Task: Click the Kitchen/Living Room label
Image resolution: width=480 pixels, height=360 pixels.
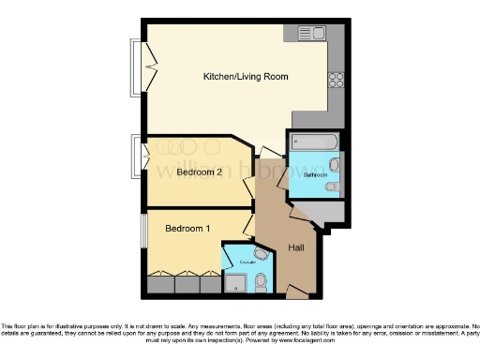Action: coord(246,76)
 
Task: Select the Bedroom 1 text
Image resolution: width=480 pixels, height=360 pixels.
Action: coord(187,229)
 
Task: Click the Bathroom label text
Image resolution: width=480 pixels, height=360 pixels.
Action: coord(314,175)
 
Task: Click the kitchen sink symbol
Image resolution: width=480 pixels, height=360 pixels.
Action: coord(311,34)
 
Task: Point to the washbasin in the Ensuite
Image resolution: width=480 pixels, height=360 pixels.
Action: coord(260,252)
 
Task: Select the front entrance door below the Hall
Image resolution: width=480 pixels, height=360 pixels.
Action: coord(297,293)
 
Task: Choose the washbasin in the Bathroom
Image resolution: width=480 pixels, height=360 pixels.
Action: coord(336,165)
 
